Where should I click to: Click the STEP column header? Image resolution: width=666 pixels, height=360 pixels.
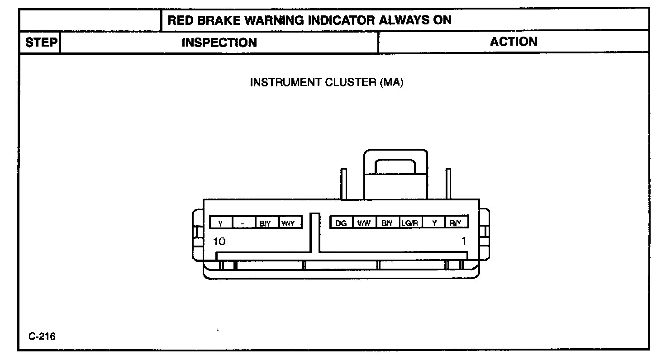[41, 43]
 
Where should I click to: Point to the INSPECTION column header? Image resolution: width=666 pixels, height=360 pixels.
[219, 43]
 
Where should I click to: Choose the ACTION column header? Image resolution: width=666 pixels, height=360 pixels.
[514, 42]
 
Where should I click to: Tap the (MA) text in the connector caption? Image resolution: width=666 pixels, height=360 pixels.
[391, 82]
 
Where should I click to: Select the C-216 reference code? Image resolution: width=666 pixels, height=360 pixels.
[42, 336]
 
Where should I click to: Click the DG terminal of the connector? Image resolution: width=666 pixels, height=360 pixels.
[342, 223]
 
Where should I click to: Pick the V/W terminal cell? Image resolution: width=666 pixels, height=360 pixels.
[364, 223]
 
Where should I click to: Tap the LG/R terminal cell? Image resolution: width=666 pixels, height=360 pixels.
[411, 223]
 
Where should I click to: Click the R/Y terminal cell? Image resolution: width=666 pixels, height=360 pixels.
[456, 223]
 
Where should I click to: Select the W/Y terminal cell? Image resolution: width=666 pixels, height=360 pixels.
[289, 223]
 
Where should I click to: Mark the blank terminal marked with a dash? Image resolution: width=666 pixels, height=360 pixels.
[244, 223]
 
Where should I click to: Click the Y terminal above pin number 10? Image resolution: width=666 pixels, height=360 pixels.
[221, 223]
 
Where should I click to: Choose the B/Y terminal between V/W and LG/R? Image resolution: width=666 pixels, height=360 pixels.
[387, 223]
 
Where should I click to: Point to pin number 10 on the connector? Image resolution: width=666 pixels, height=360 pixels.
[219, 241]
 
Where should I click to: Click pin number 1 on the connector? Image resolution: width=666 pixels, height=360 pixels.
[463, 241]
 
